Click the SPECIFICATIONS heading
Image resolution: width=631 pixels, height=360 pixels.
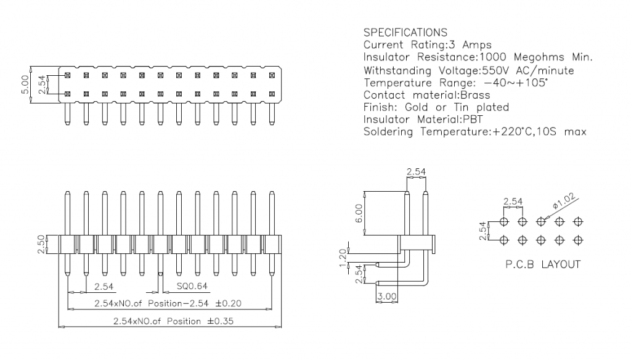405,32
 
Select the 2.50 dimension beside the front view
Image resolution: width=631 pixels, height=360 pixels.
40,243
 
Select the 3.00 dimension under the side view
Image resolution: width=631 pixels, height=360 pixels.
386,297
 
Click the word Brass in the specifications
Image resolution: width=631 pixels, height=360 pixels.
474,95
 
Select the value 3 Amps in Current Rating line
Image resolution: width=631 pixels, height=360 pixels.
475,45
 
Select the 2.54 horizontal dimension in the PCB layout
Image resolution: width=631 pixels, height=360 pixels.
513,201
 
